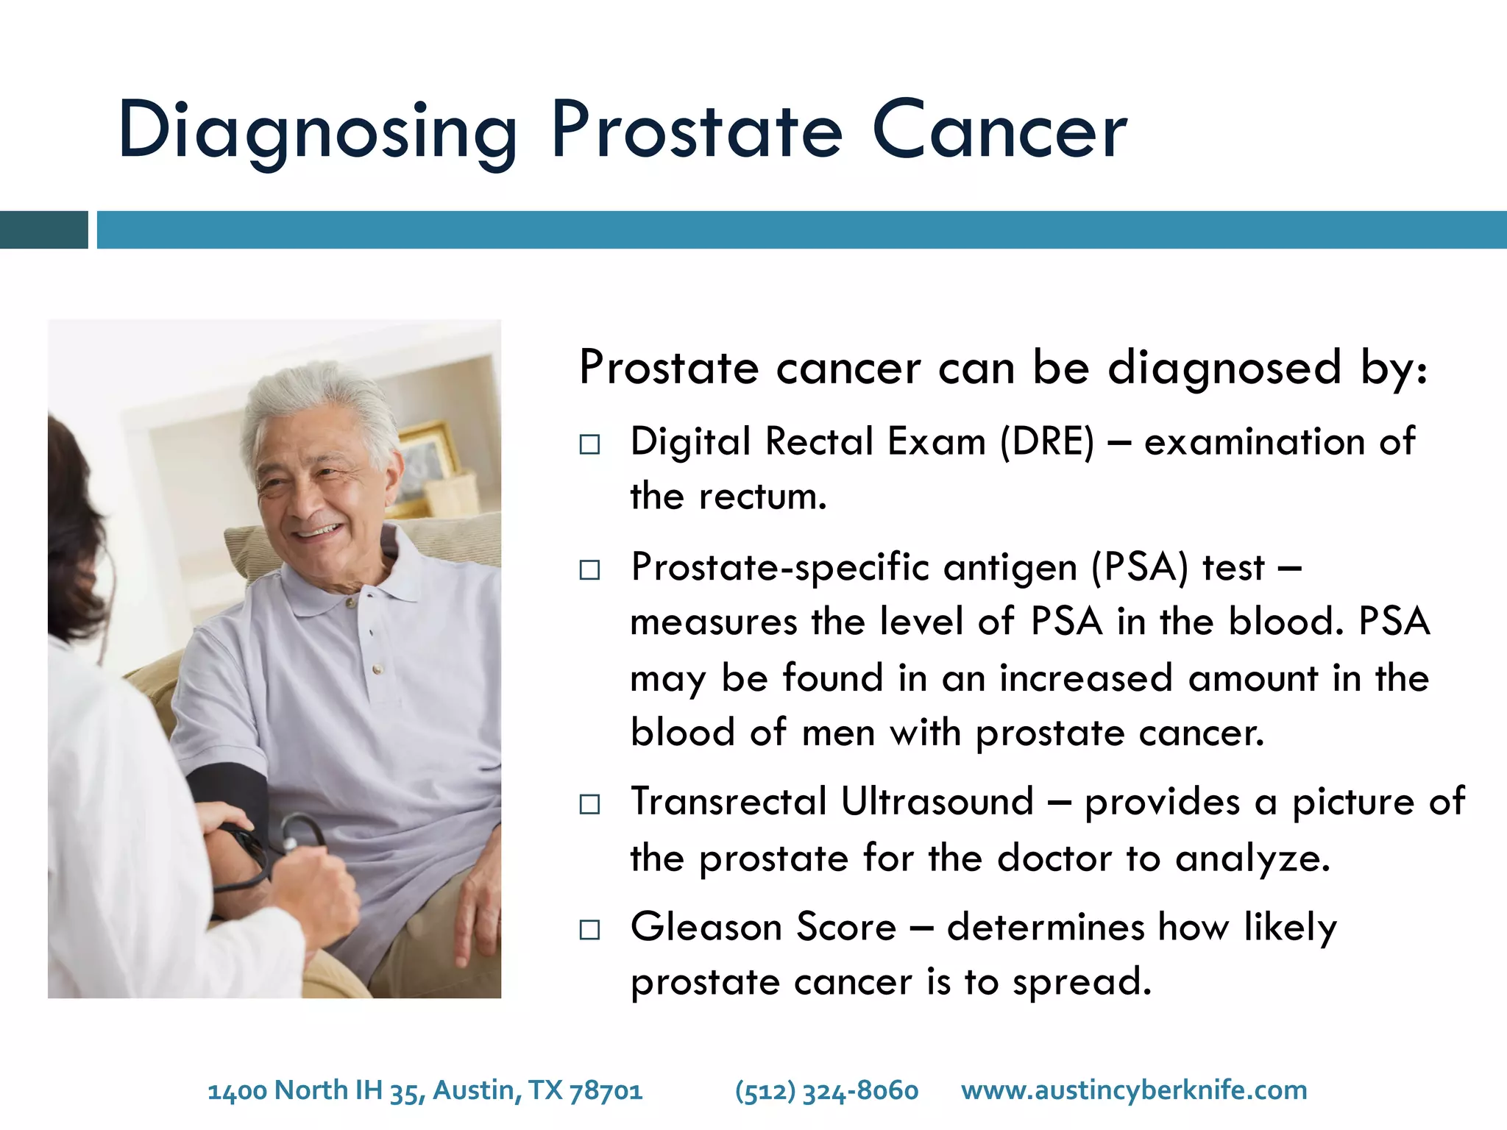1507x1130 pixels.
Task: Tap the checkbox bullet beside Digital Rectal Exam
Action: (x=589, y=444)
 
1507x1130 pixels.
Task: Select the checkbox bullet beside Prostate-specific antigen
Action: (x=589, y=570)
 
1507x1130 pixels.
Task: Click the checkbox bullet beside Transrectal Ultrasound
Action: (x=589, y=804)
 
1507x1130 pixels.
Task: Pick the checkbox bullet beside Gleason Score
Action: (x=589, y=930)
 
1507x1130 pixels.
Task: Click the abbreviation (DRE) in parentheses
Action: (x=1047, y=442)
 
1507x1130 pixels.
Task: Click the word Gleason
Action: (x=706, y=927)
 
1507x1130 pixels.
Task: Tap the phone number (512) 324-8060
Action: (x=826, y=1090)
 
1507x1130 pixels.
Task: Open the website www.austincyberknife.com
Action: (x=1134, y=1090)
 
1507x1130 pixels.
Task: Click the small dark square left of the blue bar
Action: (x=43, y=230)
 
